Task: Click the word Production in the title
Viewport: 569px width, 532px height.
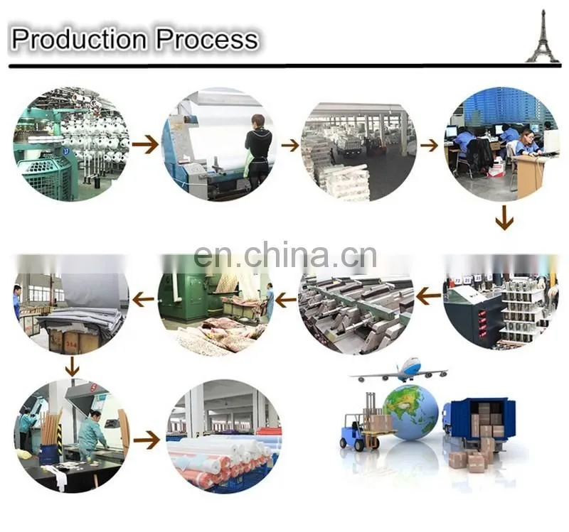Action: click(x=79, y=39)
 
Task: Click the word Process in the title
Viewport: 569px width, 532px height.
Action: click(x=207, y=39)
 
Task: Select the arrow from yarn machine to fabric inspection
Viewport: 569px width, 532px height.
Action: click(x=145, y=145)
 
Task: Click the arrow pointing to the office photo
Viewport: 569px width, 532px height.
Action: click(x=430, y=146)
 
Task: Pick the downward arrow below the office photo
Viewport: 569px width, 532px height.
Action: click(x=504, y=218)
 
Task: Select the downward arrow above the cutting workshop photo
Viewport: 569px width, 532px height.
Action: click(x=73, y=366)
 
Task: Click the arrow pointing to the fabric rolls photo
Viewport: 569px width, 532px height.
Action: click(x=147, y=440)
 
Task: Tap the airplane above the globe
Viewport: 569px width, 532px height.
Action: click(x=399, y=371)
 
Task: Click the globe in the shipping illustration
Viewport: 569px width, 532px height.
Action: click(x=410, y=412)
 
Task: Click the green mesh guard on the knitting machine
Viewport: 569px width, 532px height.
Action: click(x=46, y=177)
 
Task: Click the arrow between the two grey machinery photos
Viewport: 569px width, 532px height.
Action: click(x=428, y=297)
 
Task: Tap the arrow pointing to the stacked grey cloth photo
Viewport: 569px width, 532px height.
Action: click(x=144, y=300)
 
